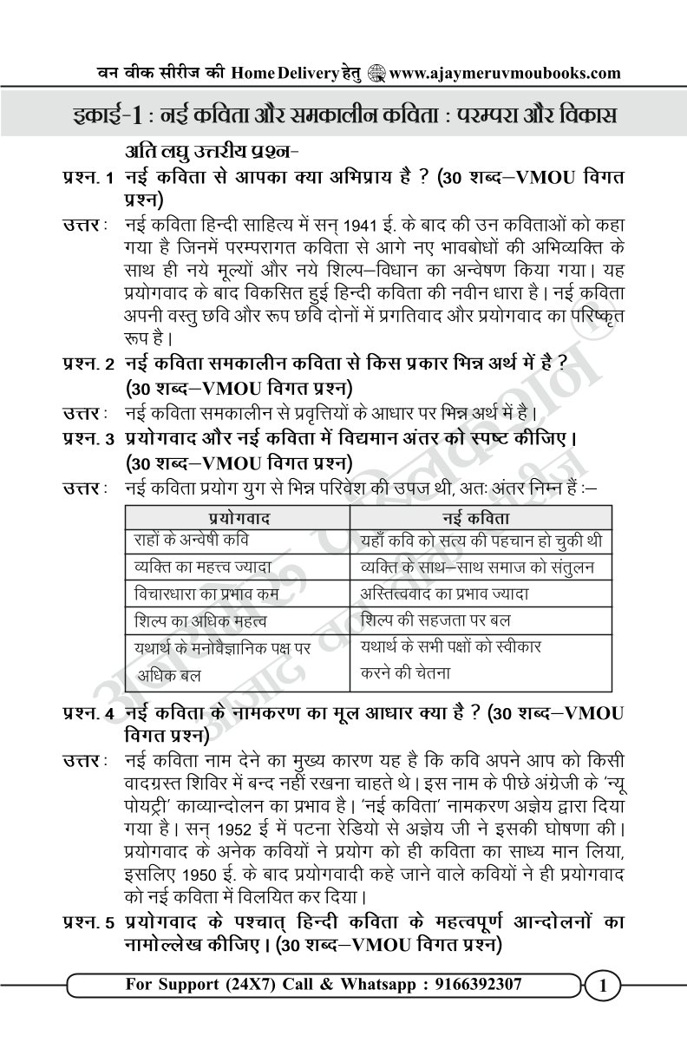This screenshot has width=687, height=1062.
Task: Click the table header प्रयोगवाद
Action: (x=235, y=518)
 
